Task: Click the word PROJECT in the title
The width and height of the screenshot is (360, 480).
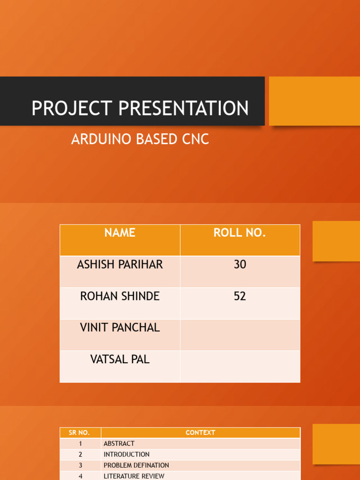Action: (71, 108)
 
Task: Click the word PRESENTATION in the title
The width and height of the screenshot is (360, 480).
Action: (183, 108)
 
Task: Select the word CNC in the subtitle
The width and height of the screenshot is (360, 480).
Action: (195, 139)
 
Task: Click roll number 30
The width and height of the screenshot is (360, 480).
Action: (240, 264)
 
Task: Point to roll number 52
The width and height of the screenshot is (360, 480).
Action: (240, 296)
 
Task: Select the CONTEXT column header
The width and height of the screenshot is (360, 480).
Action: (200, 433)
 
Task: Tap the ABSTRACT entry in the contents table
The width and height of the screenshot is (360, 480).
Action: (119, 443)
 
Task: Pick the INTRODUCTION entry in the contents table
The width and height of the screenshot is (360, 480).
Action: (127, 454)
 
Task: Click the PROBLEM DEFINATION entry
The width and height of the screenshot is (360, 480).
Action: (136, 465)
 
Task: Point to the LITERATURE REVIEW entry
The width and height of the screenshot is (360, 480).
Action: (134, 476)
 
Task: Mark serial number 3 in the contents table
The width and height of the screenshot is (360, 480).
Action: (80, 465)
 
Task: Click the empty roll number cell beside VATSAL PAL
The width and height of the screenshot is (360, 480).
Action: (240, 367)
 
